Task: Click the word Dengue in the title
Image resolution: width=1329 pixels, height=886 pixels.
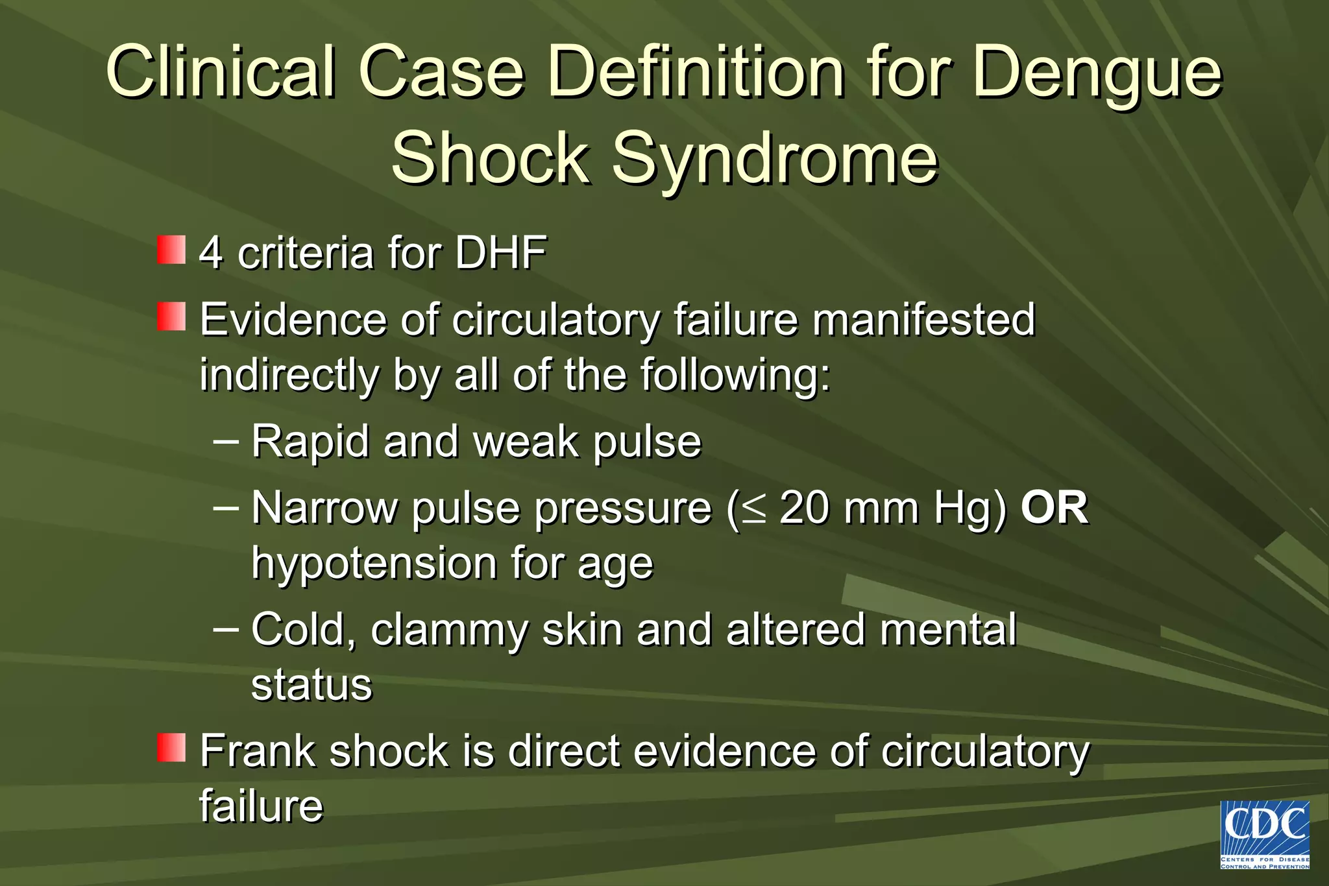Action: (x=1097, y=73)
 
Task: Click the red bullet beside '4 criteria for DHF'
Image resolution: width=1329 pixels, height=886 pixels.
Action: (x=171, y=250)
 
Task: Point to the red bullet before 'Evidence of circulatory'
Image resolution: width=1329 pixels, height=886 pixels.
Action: (x=171, y=317)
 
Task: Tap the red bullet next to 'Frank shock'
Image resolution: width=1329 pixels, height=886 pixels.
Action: (x=171, y=748)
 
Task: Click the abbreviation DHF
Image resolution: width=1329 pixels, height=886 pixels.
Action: (x=501, y=253)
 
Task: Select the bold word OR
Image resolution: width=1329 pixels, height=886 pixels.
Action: (x=1055, y=508)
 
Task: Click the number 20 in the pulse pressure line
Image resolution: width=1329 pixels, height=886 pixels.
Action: (x=805, y=508)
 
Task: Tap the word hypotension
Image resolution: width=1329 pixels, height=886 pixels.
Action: (x=373, y=563)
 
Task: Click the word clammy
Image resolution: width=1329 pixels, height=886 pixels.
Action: (x=449, y=630)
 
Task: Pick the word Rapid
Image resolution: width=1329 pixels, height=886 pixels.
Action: (x=310, y=442)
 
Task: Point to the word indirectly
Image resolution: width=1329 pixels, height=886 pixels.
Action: (x=289, y=376)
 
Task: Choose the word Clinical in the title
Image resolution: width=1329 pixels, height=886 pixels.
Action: (x=221, y=73)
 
